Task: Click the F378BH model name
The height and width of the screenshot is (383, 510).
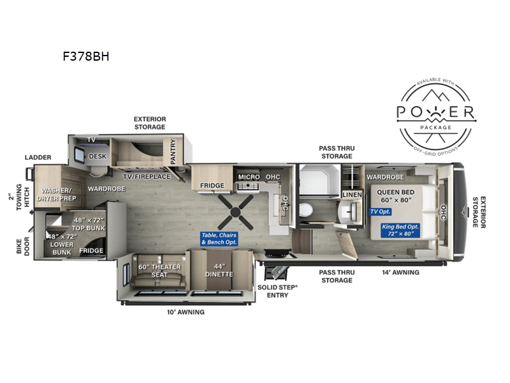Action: click(x=86, y=56)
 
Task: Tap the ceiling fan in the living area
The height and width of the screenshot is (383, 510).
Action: click(x=235, y=213)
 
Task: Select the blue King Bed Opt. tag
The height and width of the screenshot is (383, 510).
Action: click(x=400, y=230)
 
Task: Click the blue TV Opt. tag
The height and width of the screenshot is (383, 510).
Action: click(x=380, y=212)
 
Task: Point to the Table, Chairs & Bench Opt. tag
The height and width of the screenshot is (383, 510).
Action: click(x=219, y=239)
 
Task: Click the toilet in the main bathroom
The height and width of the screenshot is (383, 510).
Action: click(x=306, y=210)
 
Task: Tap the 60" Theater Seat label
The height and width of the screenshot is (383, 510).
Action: click(x=159, y=271)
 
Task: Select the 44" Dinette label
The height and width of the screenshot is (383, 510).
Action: click(x=219, y=271)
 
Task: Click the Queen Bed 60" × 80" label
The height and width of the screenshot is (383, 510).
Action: click(x=396, y=196)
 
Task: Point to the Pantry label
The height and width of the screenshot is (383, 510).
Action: click(x=173, y=151)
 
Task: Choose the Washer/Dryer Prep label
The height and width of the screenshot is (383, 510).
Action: click(x=57, y=195)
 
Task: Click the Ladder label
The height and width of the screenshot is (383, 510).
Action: click(x=38, y=157)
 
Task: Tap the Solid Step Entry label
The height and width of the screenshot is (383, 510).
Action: click(x=277, y=291)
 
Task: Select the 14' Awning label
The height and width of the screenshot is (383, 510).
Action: click(x=401, y=273)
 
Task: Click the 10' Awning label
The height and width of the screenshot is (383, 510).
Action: click(x=186, y=312)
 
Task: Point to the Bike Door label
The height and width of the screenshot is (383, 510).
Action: click(x=23, y=246)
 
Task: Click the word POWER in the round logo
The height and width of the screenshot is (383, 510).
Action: click(x=436, y=112)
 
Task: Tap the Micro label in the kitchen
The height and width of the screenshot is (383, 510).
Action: click(x=249, y=177)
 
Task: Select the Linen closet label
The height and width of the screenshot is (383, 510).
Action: click(x=353, y=195)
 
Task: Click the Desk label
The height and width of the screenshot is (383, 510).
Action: click(x=98, y=156)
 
